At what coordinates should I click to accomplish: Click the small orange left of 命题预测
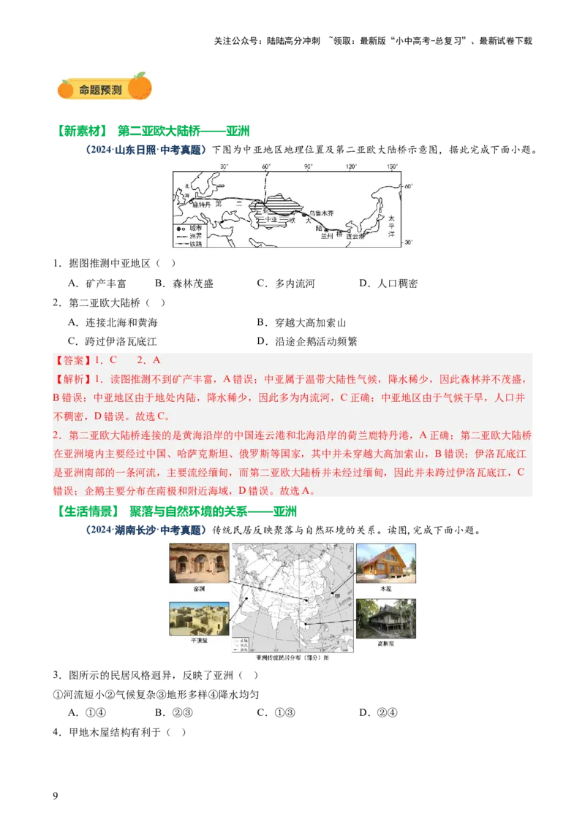point(66,88)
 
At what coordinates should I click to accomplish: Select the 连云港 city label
point(355,237)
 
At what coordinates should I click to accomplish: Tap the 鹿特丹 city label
point(202,205)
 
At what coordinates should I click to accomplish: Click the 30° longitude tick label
point(224,166)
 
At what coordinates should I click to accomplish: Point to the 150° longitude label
point(393,166)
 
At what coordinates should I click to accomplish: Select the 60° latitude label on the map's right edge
point(407,187)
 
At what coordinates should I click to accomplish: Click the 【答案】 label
point(70,360)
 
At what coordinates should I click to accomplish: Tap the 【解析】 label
point(70,379)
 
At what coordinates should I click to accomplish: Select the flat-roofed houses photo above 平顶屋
point(199,618)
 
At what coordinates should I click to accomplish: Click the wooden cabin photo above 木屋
point(386,563)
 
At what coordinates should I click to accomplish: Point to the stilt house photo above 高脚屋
point(386,619)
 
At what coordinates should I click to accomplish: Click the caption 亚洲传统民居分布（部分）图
point(292,658)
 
